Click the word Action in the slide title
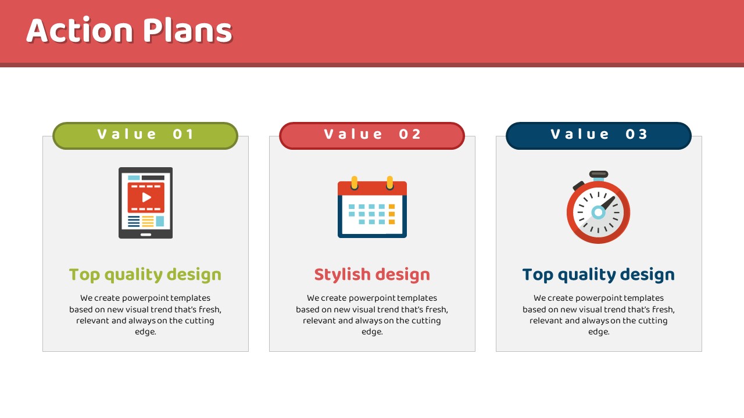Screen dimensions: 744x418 (x=80, y=30)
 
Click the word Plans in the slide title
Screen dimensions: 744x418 (x=188, y=30)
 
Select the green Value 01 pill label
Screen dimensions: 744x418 (x=145, y=136)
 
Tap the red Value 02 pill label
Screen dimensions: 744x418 (x=372, y=136)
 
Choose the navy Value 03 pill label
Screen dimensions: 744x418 (x=599, y=136)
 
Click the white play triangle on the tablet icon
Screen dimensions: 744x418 (x=146, y=197)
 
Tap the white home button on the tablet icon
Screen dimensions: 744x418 (x=146, y=235)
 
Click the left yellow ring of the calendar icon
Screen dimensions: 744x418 (x=355, y=183)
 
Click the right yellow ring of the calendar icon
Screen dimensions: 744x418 (x=390, y=183)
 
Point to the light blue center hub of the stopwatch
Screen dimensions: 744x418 (x=599, y=212)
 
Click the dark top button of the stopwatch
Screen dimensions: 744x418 (x=599, y=174)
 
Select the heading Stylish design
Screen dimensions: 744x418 (x=372, y=275)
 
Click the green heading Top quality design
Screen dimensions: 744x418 (x=145, y=275)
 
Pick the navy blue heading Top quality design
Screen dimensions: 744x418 (x=599, y=275)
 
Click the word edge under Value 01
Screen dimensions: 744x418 (x=145, y=332)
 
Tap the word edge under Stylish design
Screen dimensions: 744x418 (x=372, y=332)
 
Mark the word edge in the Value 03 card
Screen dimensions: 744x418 (x=599, y=332)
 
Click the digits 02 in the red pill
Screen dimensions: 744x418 (x=410, y=134)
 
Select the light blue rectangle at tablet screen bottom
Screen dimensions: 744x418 (x=160, y=221)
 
